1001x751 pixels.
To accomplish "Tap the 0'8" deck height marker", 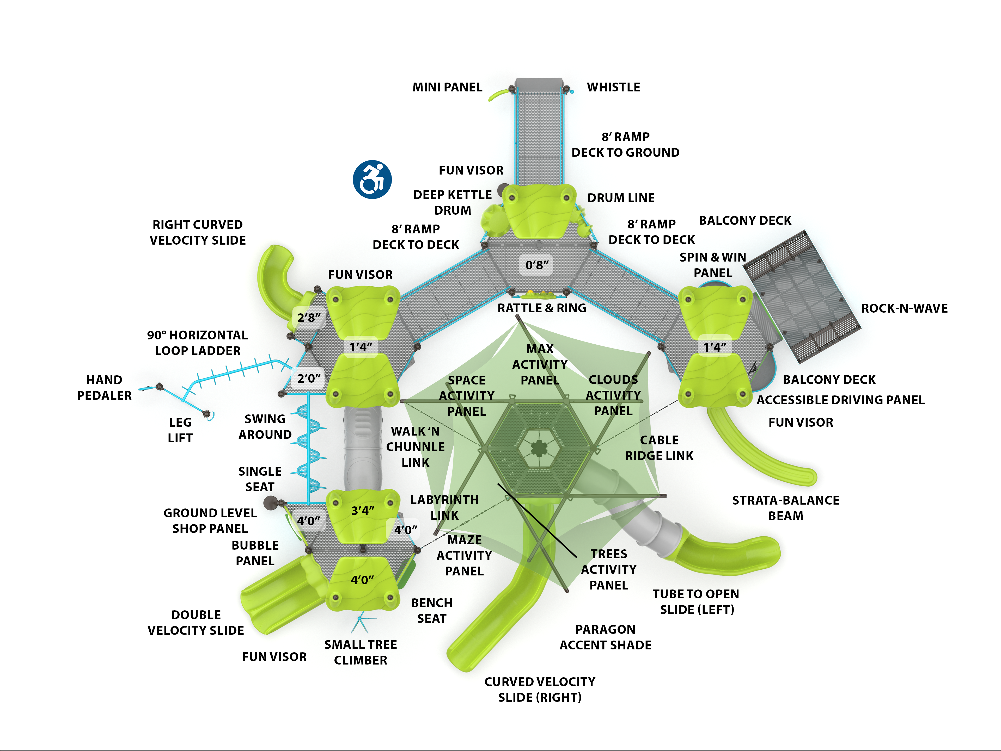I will point(537,265).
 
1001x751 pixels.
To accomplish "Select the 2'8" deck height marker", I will point(309,318).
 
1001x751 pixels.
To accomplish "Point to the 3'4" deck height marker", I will point(363,511).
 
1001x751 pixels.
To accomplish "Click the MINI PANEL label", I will point(447,87).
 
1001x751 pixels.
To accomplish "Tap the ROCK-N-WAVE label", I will point(904,308).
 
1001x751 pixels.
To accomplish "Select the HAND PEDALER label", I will point(104,387).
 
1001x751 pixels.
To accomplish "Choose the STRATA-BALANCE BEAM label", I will point(786,508).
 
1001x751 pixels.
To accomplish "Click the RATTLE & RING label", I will point(542,308).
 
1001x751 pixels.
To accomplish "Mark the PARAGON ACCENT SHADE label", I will point(606,637).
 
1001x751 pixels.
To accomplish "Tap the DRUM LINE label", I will point(621,198).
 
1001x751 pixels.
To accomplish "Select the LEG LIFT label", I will point(180,430).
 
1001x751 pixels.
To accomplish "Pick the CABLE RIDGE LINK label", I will point(659,448).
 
